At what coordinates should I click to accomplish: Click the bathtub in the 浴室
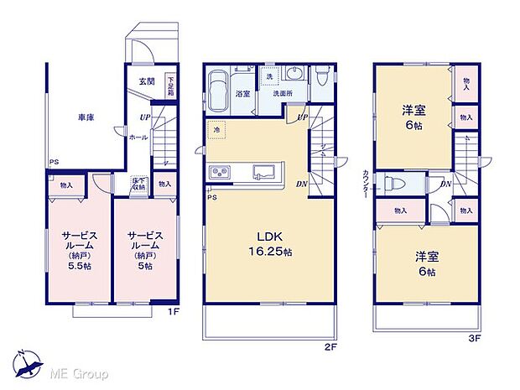coord(217,88)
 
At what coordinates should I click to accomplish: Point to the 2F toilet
coord(324,78)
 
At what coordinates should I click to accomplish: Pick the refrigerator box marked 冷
coord(216,131)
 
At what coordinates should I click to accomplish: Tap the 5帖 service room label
coord(145,249)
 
